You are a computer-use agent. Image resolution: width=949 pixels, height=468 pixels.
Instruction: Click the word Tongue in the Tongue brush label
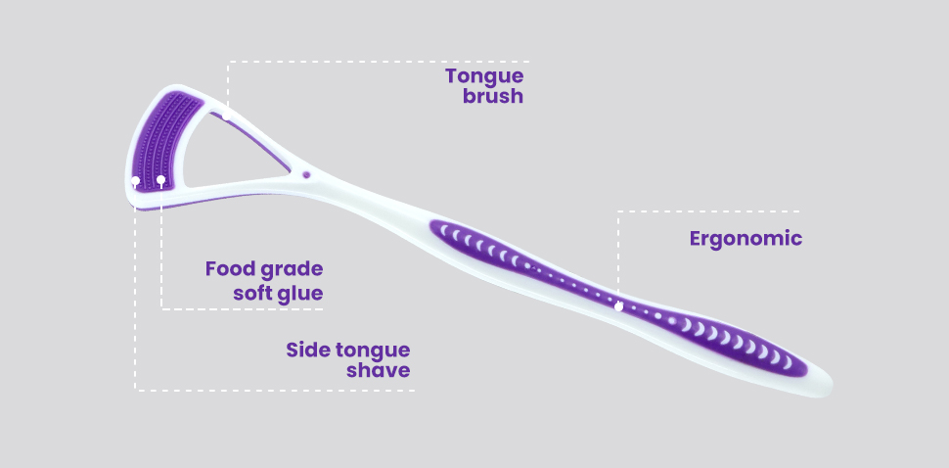(484, 77)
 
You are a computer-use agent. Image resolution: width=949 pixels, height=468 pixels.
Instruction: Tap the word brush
(493, 96)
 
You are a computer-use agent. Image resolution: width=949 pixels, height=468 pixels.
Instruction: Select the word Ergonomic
(746, 239)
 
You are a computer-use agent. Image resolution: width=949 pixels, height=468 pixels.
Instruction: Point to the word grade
(292, 269)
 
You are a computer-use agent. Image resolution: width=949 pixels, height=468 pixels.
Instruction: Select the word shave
(379, 370)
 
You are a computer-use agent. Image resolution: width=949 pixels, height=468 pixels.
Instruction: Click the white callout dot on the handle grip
(618, 307)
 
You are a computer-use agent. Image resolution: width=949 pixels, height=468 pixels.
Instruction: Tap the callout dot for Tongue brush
(226, 115)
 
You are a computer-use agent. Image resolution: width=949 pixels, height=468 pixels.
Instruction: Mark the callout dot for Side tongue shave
(136, 181)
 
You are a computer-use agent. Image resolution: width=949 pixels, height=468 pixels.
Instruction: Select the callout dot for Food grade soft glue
(161, 180)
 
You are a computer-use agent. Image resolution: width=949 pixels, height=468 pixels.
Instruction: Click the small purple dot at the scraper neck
(306, 174)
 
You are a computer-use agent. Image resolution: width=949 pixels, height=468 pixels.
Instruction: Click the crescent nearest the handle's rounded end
(788, 362)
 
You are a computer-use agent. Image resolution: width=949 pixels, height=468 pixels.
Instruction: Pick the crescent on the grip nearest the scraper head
(443, 230)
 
